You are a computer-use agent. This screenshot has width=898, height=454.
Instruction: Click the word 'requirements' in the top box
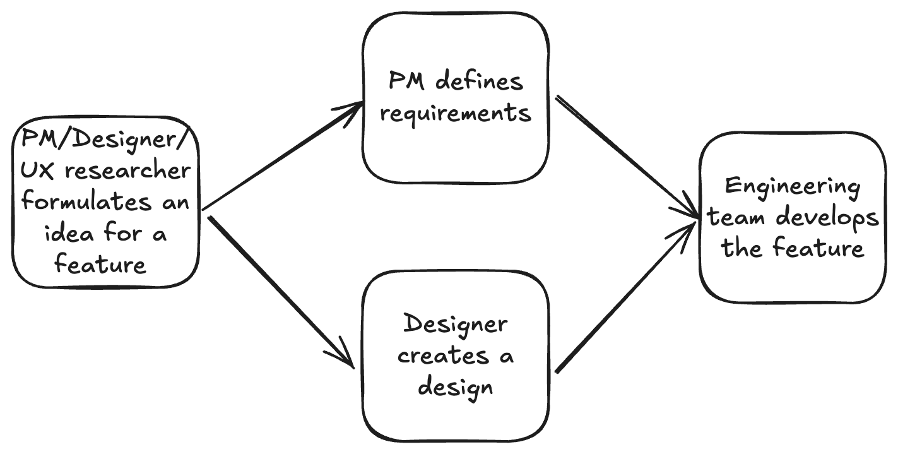click(x=456, y=114)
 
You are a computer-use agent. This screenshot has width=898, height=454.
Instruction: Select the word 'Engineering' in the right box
click(x=793, y=187)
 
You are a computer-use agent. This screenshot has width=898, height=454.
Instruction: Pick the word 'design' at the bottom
click(x=455, y=386)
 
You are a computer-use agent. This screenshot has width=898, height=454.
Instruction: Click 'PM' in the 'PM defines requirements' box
click(x=408, y=81)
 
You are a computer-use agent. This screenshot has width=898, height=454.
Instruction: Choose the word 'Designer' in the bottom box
click(x=455, y=325)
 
